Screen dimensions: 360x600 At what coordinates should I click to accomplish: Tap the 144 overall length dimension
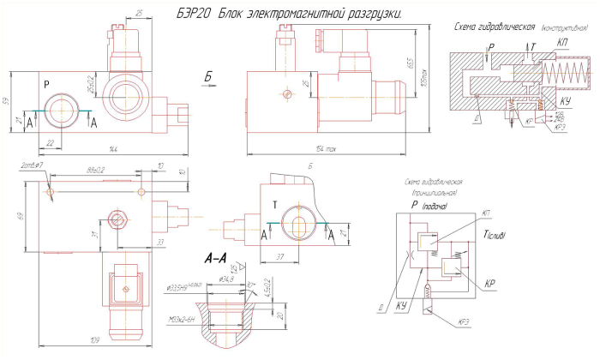pyautogui.click(x=110, y=150)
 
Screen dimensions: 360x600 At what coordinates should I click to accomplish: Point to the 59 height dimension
pyautogui.click(x=6, y=101)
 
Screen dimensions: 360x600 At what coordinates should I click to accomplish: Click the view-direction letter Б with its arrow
pyautogui.click(x=208, y=80)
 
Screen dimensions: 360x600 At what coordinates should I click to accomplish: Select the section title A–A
pyautogui.click(x=217, y=258)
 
